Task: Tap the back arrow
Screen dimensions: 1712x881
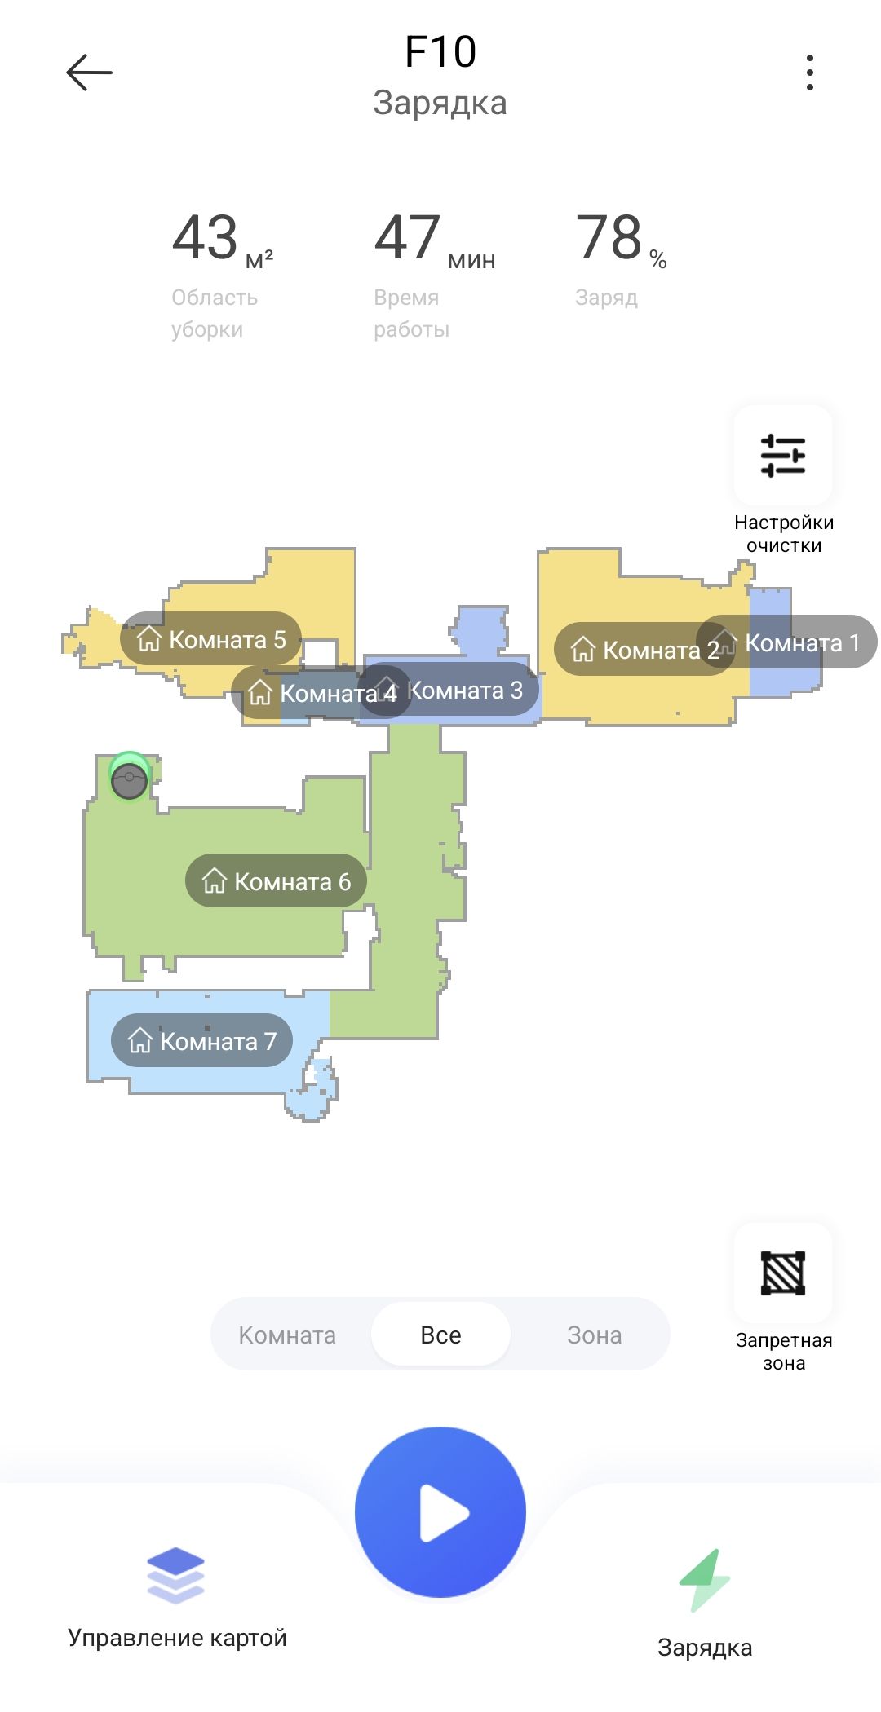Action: click(89, 73)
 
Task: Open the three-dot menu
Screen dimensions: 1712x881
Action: click(809, 73)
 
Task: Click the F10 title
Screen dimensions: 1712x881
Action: click(440, 52)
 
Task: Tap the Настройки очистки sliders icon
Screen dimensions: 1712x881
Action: click(783, 455)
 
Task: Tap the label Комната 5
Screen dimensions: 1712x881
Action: click(210, 639)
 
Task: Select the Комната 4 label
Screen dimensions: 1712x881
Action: click(310, 694)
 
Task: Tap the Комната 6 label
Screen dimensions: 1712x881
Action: click(276, 881)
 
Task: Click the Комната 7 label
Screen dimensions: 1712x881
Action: click(201, 1041)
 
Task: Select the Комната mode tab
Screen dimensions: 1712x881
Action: click(287, 1335)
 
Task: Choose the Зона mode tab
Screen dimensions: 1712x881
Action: click(594, 1335)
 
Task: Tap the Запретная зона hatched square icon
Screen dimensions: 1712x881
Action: click(783, 1273)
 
